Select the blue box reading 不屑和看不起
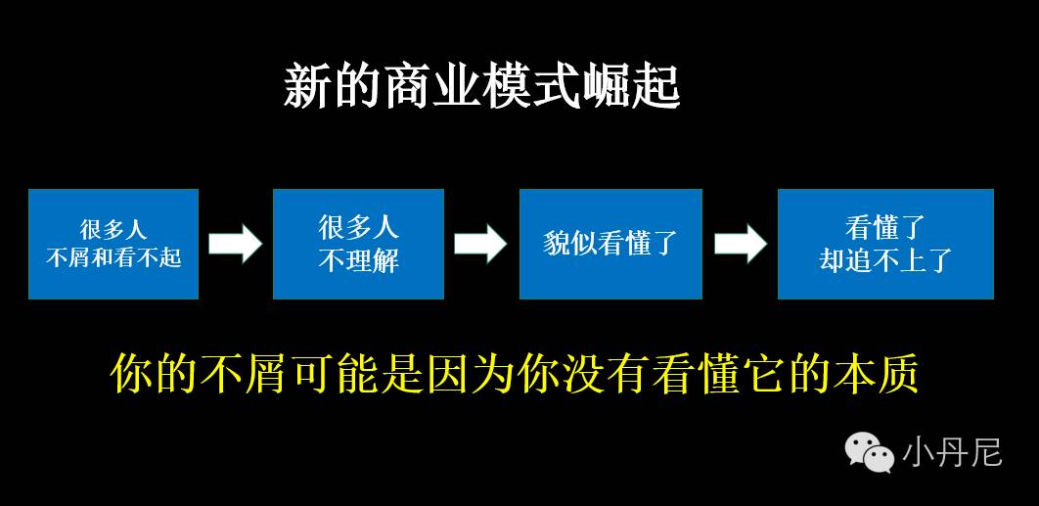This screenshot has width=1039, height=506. (x=113, y=244)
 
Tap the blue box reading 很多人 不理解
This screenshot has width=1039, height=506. (x=358, y=244)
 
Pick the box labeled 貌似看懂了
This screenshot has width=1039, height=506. (x=610, y=244)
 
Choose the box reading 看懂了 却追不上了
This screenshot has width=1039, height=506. (x=885, y=244)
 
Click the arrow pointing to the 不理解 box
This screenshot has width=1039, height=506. (x=236, y=244)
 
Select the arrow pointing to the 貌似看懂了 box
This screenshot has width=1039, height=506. (x=480, y=244)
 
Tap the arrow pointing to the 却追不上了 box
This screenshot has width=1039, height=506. (x=740, y=244)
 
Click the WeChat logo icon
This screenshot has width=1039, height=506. (x=870, y=451)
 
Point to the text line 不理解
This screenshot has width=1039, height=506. (x=359, y=260)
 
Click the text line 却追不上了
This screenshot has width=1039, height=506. (x=885, y=260)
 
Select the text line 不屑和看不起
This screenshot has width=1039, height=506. (x=113, y=258)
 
